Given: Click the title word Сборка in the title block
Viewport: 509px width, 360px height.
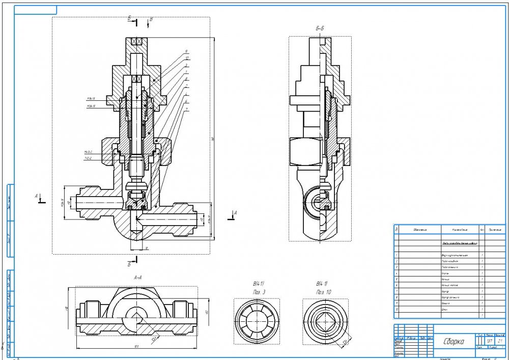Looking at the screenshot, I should [x=453, y=342].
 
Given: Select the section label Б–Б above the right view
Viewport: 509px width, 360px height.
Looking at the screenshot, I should [x=320, y=29].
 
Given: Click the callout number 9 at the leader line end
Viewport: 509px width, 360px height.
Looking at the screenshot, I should [x=186, y=51].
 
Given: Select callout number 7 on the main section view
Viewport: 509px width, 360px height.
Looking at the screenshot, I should [x=187, y=109].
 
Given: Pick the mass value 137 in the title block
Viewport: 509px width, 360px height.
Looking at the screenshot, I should [x=490, y=340].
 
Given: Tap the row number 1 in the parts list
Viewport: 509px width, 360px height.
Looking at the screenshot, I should [x=396, y=254].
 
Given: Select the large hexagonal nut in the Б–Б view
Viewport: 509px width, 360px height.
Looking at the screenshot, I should [x=305, y=151].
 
